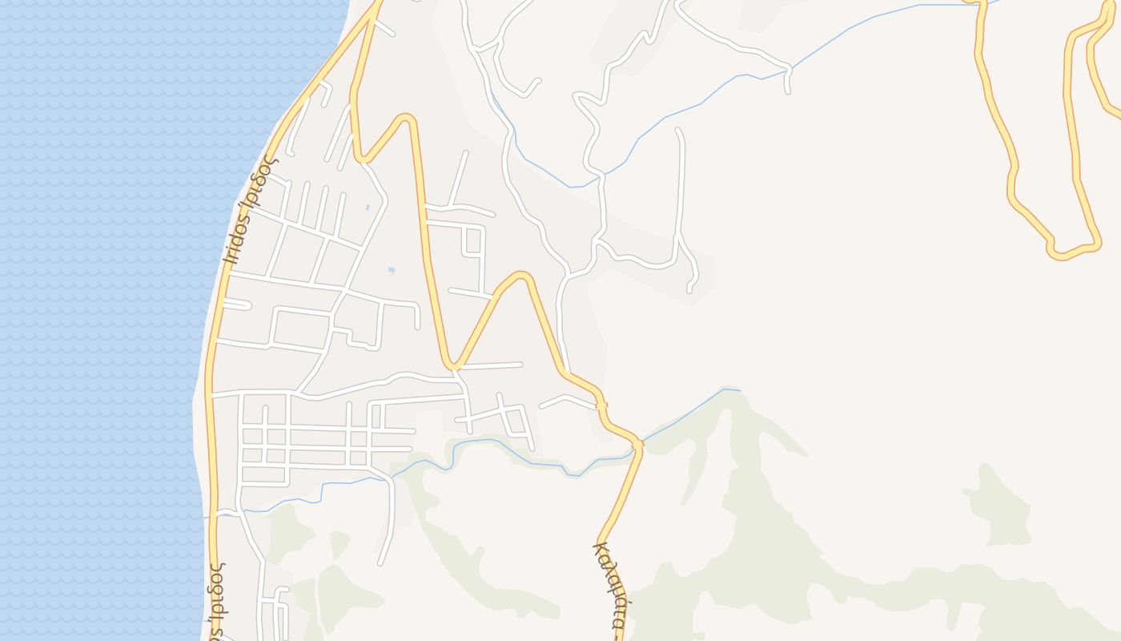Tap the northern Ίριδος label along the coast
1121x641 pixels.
tap(249, 210)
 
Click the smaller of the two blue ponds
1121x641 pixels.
tap(368, 208)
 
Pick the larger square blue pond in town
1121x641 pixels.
tap(391, 270)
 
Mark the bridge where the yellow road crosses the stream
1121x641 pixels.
tap(637, 443)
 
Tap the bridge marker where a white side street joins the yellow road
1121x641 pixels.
tap(601, 405)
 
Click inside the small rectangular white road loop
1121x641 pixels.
tap(473, 241)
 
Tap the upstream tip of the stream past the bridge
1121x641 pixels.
tap(737, 390)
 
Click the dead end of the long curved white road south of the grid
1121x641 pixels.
tap(380, 562)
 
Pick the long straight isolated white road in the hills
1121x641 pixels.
tap(681, 184)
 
